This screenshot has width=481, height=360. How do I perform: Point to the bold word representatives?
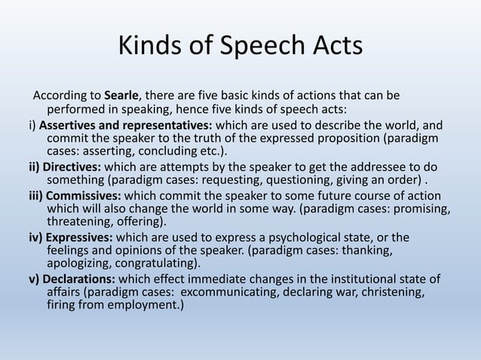(x=167, y=124)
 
